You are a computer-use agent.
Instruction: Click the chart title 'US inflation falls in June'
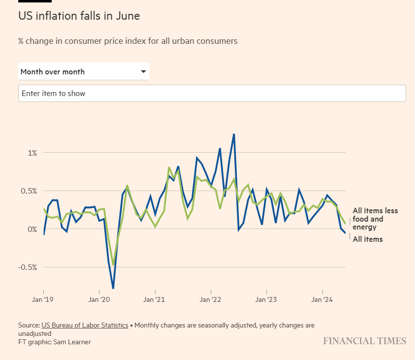(79, 16)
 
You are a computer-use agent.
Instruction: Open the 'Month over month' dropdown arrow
(143, 71)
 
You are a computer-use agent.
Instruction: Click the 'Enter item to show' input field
(212, 93)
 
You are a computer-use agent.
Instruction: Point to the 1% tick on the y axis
(32, 153)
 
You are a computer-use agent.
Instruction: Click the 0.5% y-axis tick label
(29, 191)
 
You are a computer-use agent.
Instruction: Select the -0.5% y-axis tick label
(28, 267)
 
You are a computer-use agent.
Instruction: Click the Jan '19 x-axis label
(44, 299)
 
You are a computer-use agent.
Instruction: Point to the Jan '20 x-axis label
(99, 299)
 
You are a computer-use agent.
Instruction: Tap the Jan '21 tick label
(155, 299)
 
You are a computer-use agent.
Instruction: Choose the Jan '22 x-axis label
(211, 299)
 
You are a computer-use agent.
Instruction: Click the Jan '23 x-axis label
(266, 299)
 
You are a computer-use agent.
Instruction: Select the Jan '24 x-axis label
(322, 299)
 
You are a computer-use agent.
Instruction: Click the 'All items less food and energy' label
(375, 219)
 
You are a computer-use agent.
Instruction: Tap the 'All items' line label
(368, 239)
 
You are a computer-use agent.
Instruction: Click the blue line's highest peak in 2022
(234, 134)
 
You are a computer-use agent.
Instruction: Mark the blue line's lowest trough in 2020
(113, 288)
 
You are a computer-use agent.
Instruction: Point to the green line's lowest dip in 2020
(113, 265)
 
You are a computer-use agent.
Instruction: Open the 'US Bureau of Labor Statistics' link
(85, 326)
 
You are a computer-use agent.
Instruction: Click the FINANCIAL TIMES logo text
(364, 341)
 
